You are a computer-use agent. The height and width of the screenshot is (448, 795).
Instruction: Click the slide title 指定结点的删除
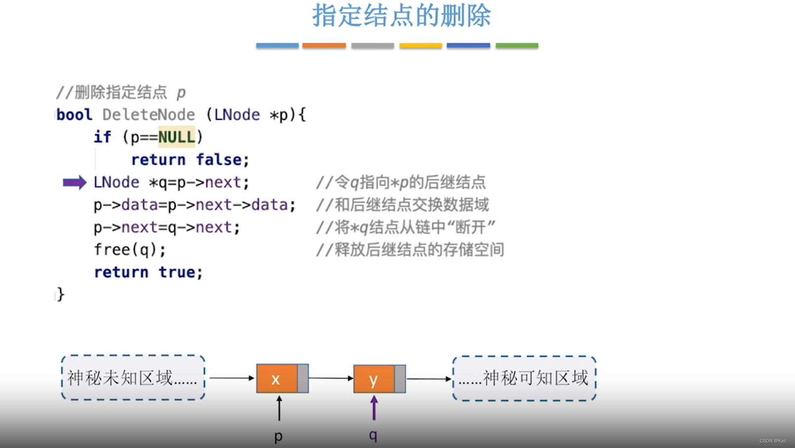(401, 16)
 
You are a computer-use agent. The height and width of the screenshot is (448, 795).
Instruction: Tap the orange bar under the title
(324, 45)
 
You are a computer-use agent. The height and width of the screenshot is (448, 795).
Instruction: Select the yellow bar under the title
(420, 45)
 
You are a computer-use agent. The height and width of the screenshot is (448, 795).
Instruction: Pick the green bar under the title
(517, 45)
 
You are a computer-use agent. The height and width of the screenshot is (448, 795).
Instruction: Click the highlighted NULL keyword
(176, 137)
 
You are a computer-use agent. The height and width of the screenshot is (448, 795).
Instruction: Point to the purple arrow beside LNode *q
(75, 183)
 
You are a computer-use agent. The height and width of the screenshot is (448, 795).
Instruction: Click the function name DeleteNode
(148, 115)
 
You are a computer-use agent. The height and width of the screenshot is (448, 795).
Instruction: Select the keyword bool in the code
(75, 115)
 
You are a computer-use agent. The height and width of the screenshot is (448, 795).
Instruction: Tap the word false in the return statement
(219, 160)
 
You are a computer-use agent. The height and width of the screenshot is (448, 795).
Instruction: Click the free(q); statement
(130, 250)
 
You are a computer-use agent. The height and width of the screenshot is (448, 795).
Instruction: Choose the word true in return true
(177, 272)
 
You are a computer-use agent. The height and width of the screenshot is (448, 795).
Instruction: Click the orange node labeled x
(277, 379)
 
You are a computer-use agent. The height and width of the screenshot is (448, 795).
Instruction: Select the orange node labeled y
(374, 379)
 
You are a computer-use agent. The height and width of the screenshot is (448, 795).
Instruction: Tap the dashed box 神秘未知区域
(133, 378)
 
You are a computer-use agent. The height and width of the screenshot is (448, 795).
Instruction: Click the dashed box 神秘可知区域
(524, 378)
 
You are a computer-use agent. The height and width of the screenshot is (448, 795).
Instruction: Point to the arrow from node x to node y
(331, 378)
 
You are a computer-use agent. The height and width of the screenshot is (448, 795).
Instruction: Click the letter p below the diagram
(278, 436)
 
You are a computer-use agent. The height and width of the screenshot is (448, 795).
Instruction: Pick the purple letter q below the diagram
(373, 435)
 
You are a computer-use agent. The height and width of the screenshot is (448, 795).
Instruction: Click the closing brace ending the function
(61, 295)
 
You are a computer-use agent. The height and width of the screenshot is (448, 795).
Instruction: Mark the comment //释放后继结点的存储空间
(410, 250)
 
